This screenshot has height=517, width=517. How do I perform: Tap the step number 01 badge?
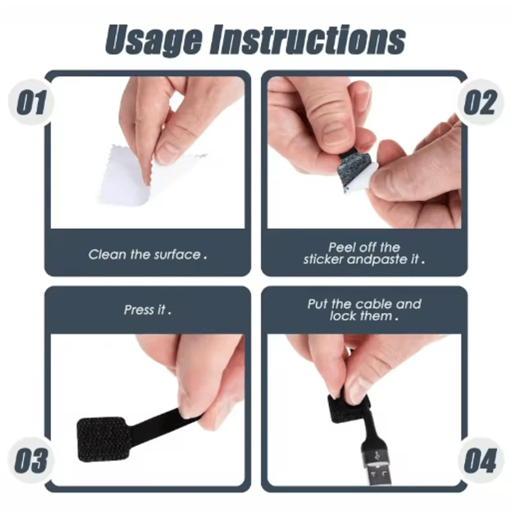[32, 102]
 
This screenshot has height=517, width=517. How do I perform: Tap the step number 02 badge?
[480, 102]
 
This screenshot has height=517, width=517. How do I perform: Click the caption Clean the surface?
[147, 254]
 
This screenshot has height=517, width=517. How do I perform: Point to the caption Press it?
[147, 310]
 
